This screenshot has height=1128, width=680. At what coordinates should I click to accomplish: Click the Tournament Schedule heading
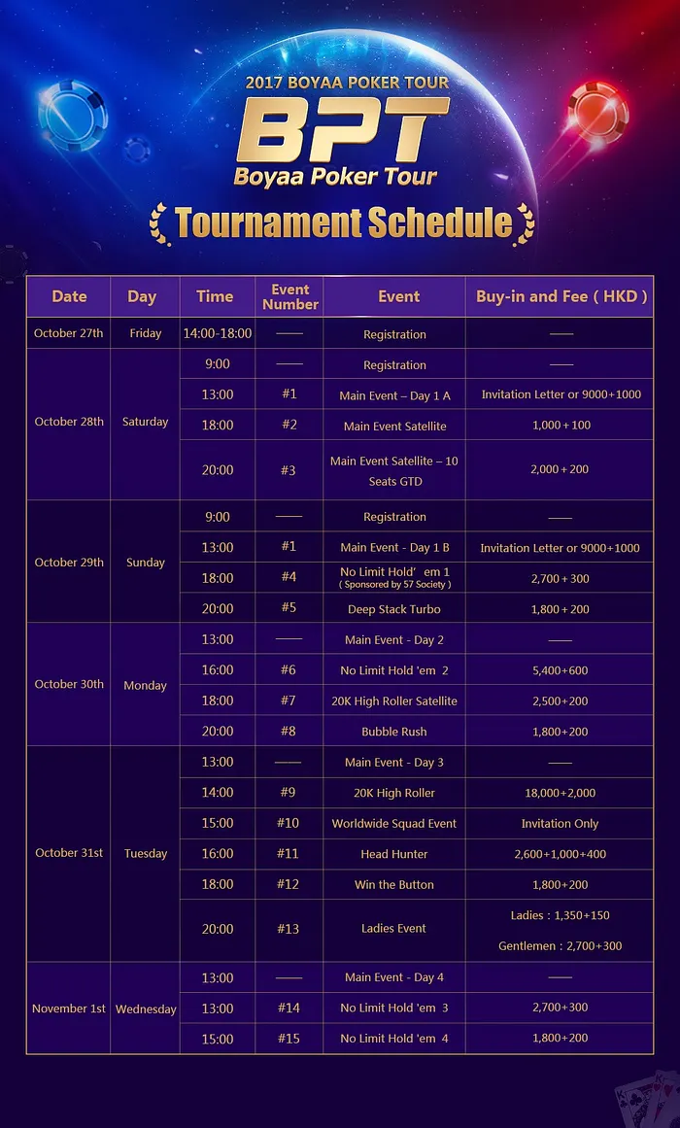[x=343, y=222]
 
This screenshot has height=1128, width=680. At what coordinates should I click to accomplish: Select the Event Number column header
[x=289, y=296]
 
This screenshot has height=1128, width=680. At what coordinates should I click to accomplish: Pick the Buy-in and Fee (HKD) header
[x=561, y=296]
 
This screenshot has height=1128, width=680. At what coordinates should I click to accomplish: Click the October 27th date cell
[x=68, y=333]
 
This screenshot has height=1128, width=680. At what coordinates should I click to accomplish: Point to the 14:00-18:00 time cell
[x=218, y=333]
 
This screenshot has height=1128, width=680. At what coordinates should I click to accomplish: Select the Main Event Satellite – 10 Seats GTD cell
[x=394, y=470]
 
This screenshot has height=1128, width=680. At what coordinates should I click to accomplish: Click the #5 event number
[x=289, y=608]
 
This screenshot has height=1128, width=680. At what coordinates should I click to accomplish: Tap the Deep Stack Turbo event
[x=394, y=609]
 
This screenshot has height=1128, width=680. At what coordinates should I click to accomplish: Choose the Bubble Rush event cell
[x=394, y=732]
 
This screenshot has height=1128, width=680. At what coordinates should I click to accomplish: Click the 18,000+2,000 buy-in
[x=560, y=793]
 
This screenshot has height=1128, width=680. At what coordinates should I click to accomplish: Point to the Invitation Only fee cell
[x=560, y=823]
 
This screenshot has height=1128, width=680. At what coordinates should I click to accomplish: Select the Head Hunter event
[x=394, y=854]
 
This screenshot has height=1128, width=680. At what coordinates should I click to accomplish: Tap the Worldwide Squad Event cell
[x=394, y=823]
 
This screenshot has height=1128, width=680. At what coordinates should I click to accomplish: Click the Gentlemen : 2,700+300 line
[x=560, y=945]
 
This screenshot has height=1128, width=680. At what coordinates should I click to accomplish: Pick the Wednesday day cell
[x=146, y=1008]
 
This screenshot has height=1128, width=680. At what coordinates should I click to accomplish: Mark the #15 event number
[x=289, y=1039]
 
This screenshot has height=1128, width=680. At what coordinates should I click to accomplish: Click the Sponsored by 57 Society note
[x=394, y=585]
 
